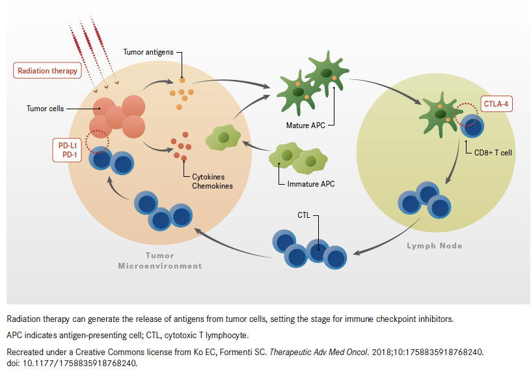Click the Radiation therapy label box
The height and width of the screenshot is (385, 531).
48,70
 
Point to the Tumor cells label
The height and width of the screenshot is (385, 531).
46,109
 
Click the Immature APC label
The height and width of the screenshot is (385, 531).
311,184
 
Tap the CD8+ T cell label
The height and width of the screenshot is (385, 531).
493,152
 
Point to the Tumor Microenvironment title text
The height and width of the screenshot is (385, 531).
160,261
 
